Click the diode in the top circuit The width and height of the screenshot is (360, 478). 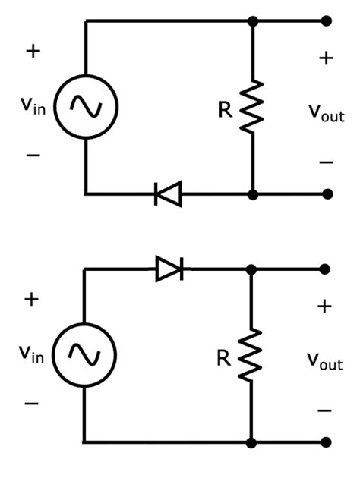(x=168, y=194)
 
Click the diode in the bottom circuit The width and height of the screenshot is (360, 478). (x=169, y=269)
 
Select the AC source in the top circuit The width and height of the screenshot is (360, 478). (x=86, y=108)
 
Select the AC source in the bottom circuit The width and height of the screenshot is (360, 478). (x=84, y=355)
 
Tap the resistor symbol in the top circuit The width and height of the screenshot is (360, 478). (x=252, y=108)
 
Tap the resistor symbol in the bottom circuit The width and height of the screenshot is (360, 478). (x=251, y=355)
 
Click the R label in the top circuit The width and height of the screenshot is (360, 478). (x=226, y=110)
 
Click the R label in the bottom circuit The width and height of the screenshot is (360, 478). (x=223, y=357)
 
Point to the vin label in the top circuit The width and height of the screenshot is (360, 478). (x=33, y=106)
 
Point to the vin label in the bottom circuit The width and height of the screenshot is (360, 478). (x=31, y=354)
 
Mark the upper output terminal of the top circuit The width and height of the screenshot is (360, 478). (x=327, y=21)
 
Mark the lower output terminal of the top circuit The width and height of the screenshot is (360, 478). (x=327, y=194)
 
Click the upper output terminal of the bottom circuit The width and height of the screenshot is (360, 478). (x=326, y=269)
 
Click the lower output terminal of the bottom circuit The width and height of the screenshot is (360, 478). (x=326, y=442)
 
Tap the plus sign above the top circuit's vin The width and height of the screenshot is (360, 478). (x=33, y=52)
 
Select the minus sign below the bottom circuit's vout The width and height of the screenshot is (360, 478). (x=324, y=410)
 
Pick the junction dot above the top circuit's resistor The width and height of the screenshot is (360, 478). (x=253, y=21)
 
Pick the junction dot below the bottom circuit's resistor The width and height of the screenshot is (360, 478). (x=251, y=442)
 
